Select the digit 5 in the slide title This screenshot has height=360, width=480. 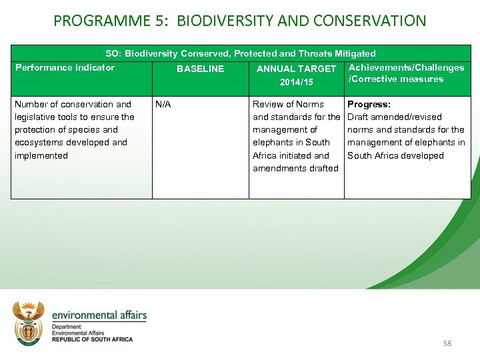tap(153, 21)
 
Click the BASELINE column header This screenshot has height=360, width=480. tap(200, 69)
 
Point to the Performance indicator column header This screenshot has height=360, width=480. tap(65, 67)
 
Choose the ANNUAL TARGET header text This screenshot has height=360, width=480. tap(296, 69)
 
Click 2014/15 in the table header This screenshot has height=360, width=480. tap(296, 82)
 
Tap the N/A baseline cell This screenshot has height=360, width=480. tap(163, 104)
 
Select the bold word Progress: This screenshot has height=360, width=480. tap(369, 104)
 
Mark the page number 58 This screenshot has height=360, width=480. tap(447, 343)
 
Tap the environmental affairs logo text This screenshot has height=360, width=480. tap(99, 315)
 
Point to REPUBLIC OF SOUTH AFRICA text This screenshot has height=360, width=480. tap(92, 339)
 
